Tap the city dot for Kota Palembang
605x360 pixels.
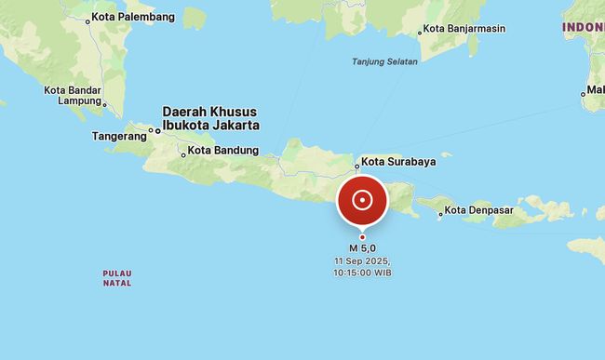(x=87, y=20)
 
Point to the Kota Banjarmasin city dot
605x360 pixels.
(x=420, y=32)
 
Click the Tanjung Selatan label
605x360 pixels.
(x=384, y=61)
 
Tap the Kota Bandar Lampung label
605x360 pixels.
(x=72, y=95)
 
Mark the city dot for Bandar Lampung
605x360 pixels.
(x=104, y=104)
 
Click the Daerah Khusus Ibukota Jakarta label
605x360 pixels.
(x=210, y=117)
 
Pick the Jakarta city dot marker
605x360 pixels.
(x=157, y=130)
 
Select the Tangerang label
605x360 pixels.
(x=119, y=136)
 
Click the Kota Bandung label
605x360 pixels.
(x=223, y=150)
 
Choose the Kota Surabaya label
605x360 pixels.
(x=398, y=161)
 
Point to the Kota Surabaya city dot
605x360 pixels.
(x=356, y=168)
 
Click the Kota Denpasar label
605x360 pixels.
(x=481, y=210)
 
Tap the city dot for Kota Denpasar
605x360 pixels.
(x=441, y=213)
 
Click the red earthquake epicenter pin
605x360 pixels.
(x=362, y=200)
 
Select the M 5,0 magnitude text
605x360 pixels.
(x=362, y=248)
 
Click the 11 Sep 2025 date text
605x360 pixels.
(x=362, y=261)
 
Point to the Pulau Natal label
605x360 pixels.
(x=117, y=277)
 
